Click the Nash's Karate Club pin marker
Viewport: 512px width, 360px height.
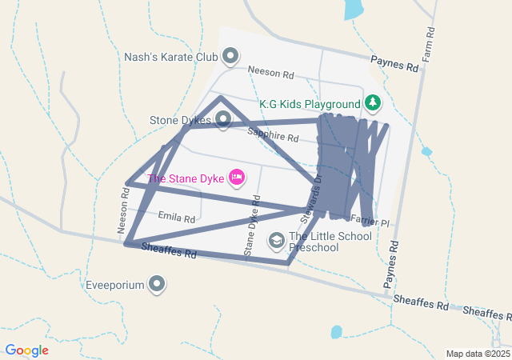coord(230,56)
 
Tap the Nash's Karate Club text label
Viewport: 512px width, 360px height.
coord(171,57)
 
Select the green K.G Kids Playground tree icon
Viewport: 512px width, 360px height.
coord(372,103)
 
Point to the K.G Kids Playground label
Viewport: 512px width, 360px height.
coord(310,104)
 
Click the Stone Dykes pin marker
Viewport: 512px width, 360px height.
coord(223,120)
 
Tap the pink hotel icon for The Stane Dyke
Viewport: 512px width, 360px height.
coord(236,177)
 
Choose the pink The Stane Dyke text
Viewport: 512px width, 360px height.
coord(185,178)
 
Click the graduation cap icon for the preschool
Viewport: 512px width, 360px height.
coord(276,240)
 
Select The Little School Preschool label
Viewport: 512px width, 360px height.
coord(330,242)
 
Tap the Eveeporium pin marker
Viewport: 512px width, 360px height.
coord(158,284)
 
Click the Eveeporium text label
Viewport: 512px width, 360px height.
coord(116,284)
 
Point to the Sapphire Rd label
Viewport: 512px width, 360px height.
coord(273,135)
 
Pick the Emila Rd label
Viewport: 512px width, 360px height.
coord(177,218)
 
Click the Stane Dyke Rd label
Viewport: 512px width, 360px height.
coord(252,229)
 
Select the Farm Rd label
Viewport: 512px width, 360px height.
coord(429,45)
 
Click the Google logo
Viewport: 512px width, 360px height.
coord(26,350)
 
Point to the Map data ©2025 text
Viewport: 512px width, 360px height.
coord(478,354)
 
